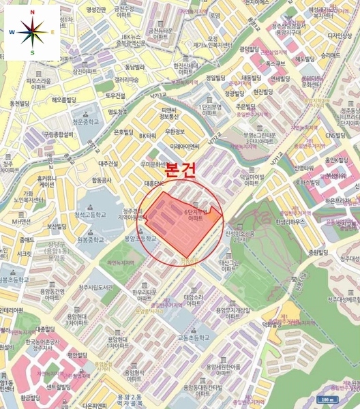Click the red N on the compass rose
click(31, 12)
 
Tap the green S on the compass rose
click(31, 52)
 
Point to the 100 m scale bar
click(327, 400)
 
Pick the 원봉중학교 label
click(90, 240)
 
